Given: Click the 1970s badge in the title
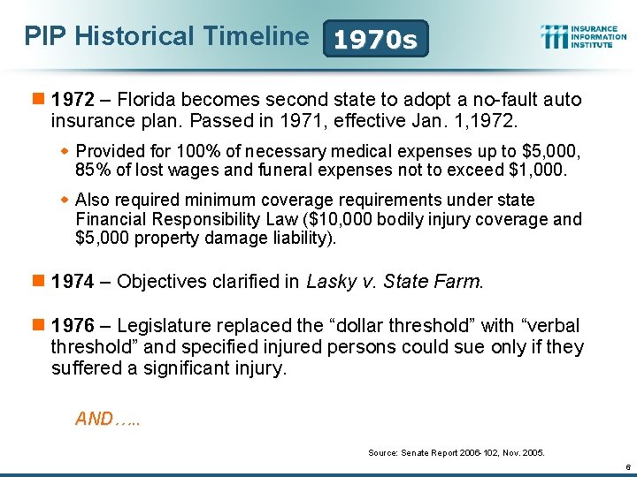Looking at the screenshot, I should point(376,39).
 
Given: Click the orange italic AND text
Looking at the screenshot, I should point(107,419).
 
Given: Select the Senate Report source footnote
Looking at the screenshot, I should point(456,452).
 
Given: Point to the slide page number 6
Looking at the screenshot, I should point(625,466).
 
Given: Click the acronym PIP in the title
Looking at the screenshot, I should point(45,36).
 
